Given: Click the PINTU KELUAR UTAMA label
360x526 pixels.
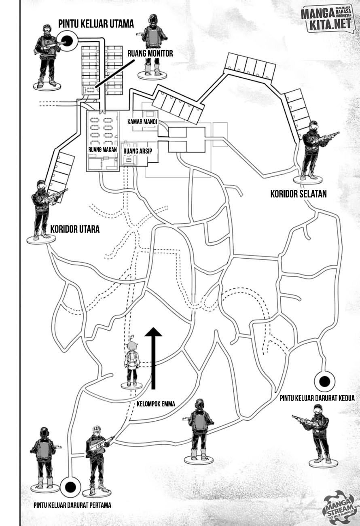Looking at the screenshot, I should (96, 24).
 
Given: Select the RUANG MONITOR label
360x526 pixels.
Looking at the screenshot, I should (150, 53).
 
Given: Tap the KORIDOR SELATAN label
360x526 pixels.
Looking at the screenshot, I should (299, 195).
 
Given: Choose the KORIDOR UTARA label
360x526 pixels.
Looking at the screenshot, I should (75, 229).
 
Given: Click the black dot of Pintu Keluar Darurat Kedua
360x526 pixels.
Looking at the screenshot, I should (324, 381).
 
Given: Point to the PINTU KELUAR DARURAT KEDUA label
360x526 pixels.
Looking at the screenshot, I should (311, 398).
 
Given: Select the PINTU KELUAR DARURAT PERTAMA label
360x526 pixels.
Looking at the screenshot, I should (72, 505).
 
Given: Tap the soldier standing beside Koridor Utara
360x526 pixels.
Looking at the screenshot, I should (44, 209).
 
